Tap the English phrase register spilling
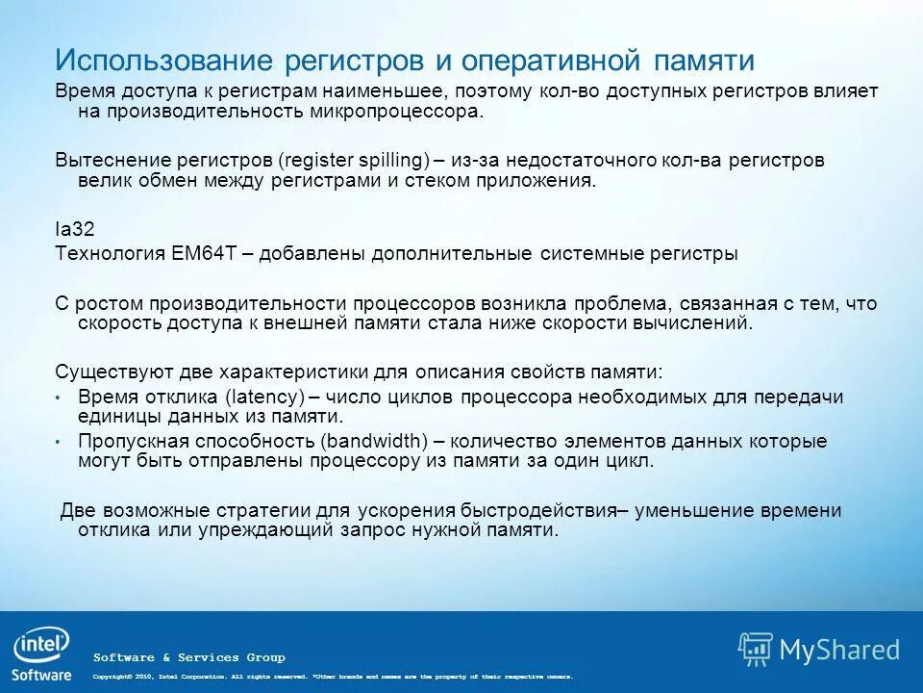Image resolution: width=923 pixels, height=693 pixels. tap(353, 160)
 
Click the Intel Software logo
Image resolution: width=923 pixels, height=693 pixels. tap(41, 655)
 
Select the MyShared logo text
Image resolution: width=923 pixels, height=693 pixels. tap(839, 650)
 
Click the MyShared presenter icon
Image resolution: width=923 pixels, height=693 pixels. tap(755, 650)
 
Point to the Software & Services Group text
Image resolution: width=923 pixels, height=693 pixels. tap(188, 657)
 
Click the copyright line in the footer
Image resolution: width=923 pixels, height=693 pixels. tap(333, 677)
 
